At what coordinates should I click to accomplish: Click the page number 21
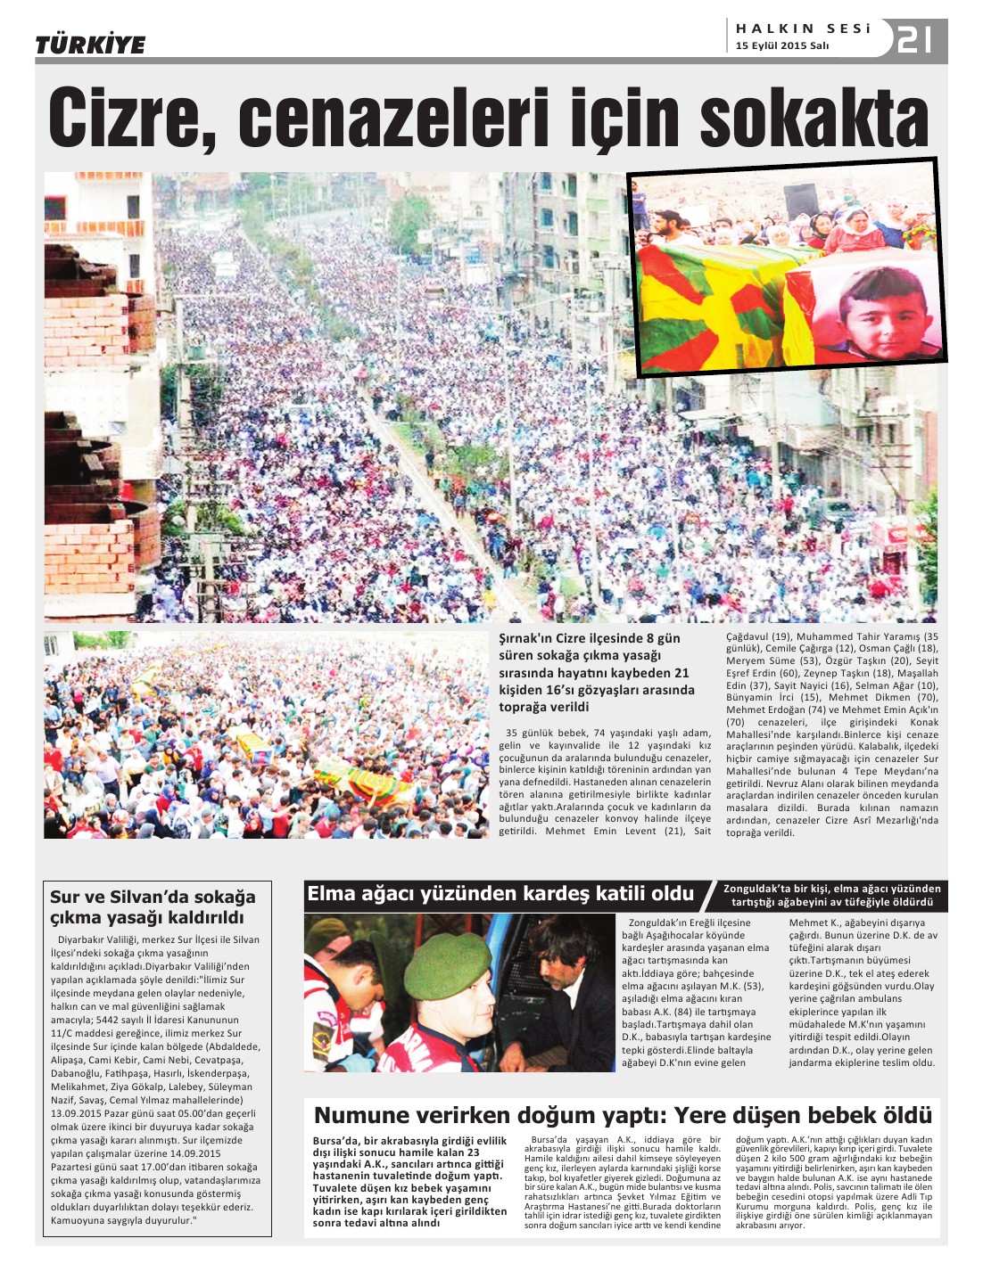[914, 39]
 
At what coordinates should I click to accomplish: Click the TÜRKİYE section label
[90, 45]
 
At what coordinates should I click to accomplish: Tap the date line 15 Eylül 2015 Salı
[782, 46]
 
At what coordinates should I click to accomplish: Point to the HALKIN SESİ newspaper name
[803, 29]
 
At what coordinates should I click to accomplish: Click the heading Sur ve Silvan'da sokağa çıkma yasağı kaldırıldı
[153, 906]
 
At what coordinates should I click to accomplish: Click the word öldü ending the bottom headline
[903, 1116]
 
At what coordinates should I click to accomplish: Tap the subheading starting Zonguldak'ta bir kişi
[831, 895]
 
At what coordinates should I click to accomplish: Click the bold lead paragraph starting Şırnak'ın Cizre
[596, 672]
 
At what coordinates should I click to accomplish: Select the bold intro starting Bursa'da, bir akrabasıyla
[409, 1181]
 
